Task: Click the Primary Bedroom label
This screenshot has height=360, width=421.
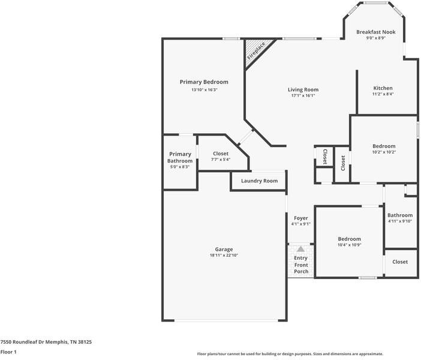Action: pos(204,82)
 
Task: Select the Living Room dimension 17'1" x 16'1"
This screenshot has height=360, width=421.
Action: pos(303,95)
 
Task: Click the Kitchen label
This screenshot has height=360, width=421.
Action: pos(383,88)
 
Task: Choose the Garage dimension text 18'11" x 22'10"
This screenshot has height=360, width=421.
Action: pos(224,256)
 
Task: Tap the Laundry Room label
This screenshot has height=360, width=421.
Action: pos(259,181)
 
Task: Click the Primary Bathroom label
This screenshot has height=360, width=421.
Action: pos(180,157)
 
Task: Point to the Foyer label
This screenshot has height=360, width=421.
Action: pos(300,218)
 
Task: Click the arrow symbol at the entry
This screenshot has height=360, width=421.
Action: pos(300,248)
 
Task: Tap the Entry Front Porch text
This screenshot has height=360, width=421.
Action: pos(301,265)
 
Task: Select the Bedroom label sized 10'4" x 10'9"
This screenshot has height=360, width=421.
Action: pos(349,238)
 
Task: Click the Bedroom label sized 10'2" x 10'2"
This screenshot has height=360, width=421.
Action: pos(384,146)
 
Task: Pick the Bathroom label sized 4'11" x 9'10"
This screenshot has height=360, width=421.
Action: pos(400,215)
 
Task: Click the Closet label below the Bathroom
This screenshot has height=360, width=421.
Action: pos(400,262)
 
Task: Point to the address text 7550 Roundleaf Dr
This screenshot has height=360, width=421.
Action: pos(46,341)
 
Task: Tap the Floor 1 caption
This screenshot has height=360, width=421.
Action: pos(8,352)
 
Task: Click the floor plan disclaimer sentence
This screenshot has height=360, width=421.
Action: pos(290,353)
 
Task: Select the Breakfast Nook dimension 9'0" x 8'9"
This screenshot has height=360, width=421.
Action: pos(375,38)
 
